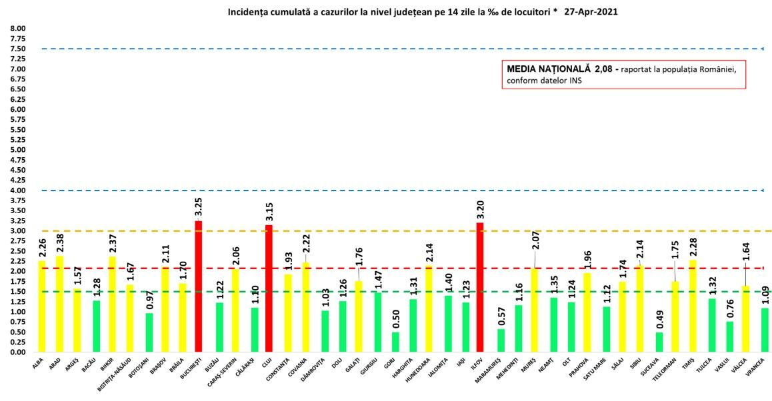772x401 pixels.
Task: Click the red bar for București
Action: tap(198, 286)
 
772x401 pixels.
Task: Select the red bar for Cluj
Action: tap(269, 288)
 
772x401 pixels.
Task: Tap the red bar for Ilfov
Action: tap(480, 287)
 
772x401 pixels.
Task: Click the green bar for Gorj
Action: tap(395, 342)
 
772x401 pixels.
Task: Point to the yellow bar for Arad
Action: tap(59, 304)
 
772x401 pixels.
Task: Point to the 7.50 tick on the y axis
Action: tap(17, 49)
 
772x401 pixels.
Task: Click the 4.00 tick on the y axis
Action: tap(17, 191)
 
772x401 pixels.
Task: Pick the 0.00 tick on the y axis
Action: tap(17, 352)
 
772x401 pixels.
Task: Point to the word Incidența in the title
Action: tap(248, 12)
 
